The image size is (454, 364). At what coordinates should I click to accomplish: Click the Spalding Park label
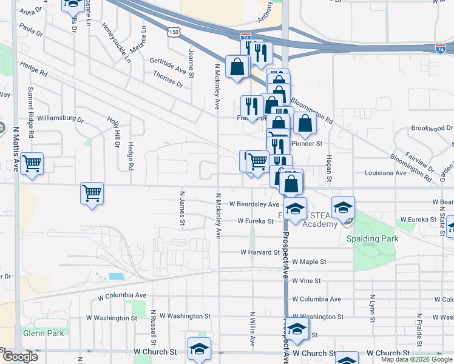coord(372,238)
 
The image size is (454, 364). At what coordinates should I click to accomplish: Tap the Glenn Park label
coord(43,332)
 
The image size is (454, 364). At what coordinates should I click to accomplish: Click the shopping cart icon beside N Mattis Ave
coord(31,164)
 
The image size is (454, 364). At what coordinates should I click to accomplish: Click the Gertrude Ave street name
coord(168,66)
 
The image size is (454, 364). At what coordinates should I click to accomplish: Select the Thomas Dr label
coord(168,79)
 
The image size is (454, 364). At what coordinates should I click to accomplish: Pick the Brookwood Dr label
coord(432,128)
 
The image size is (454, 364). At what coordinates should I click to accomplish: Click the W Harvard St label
coord(263,251)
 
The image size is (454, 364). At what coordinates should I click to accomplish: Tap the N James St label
coord(181,207)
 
